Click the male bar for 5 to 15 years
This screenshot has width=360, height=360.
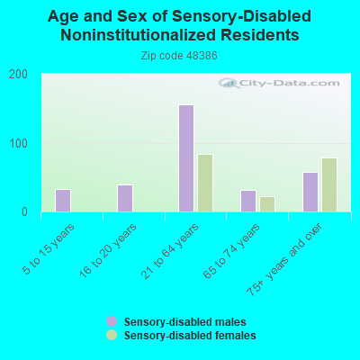click(63, 201)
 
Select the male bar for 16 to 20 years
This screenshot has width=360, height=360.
click(125, 198)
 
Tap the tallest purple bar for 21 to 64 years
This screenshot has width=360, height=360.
click(186, 158)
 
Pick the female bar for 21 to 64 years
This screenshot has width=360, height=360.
click(205, 183)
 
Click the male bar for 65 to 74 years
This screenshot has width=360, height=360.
click(248, 201)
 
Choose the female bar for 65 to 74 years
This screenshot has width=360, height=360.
click(267, 204)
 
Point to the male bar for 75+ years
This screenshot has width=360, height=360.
click(310, 192)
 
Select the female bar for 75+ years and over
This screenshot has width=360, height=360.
click(329, 184)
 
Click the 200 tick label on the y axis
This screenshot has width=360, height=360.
click(18, 75)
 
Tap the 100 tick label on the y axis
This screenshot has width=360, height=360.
click(18, 143)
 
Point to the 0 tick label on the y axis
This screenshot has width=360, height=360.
click(24, 212)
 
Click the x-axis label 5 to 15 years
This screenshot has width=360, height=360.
click(49, 249)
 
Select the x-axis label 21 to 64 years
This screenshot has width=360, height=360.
click(170, 251)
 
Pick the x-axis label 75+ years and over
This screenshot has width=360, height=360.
click(284, 259)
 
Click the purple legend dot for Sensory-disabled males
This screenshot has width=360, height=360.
click(112, 321)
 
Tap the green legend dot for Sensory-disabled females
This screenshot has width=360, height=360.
click(112, 335)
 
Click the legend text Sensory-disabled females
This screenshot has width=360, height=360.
click(190, 335)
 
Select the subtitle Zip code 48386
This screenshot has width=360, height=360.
click(179, 56)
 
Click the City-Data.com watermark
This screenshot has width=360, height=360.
click(279, 83)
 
